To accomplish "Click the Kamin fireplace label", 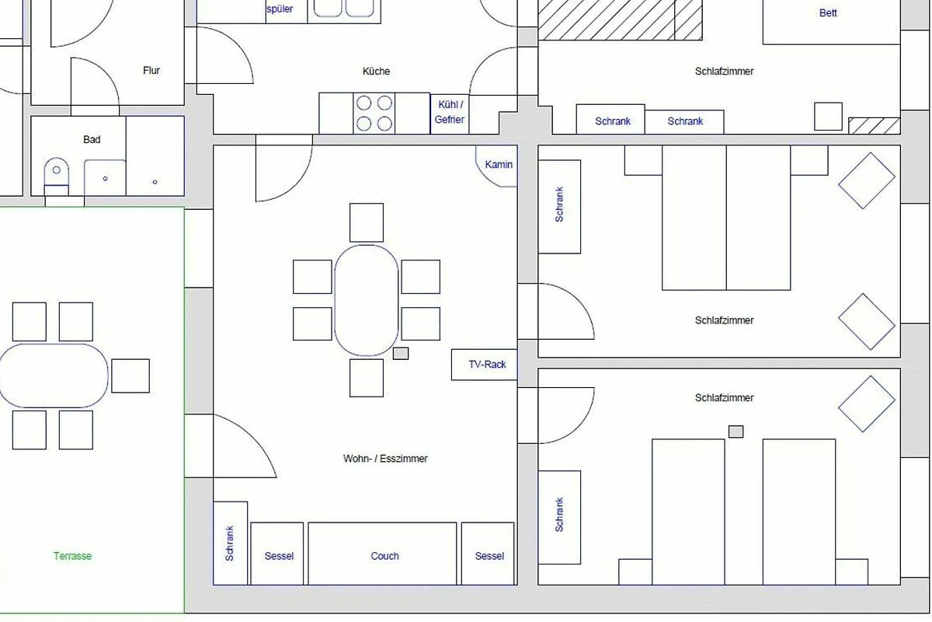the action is click(x=499, y=165).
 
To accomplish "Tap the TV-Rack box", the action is click(x=485, y=365).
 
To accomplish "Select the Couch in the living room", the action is click(x=382, y=554).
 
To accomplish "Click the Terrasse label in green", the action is click(x=72, y=556).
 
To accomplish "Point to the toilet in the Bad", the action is click(x=56, y=176).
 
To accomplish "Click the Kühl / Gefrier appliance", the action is click(x=450, y=114).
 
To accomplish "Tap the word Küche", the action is click(x=376, y=72).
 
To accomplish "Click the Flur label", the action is click(x=151, y=71).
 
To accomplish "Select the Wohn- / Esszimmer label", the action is click(x=385, y=459).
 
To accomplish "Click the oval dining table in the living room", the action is click(x=366, y=300).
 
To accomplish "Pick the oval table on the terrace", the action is click(x=54, y=376).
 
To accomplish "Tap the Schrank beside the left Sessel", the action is click(x=230, y=543).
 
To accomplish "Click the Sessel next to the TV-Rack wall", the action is click(x=488, y=554).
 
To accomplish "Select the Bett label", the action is click(x=828, y=13).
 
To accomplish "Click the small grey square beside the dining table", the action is click(x=401, y=353).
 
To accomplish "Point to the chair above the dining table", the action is click(x=366, y=222).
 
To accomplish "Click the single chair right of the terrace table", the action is click(x=130, y=376).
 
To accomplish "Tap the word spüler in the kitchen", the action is click(x=280, y=9).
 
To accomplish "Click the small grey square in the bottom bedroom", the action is click(x=736, y=432).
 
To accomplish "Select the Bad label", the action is click(x=92, y=140).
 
